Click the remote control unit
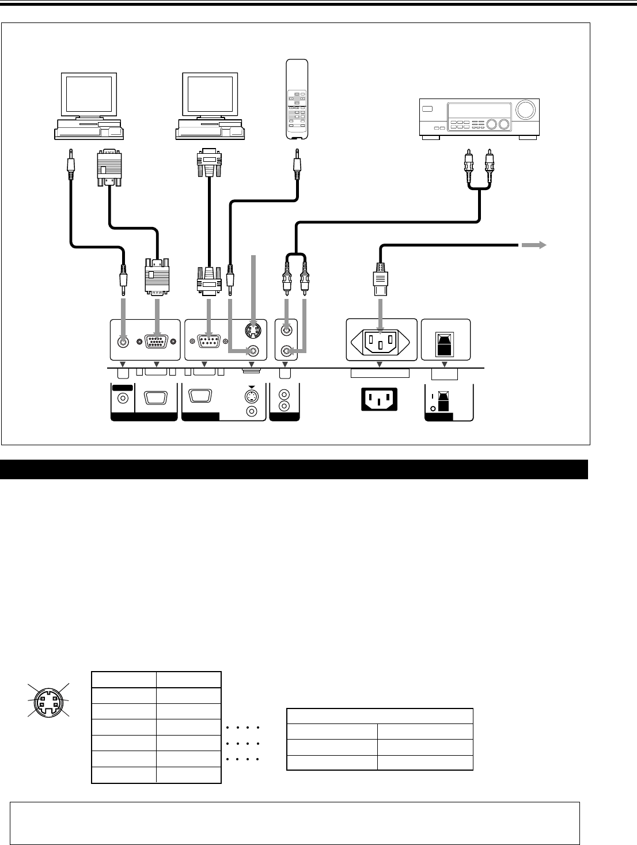coord(297,99)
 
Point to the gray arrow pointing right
coord(533,245)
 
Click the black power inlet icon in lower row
coord(379,399)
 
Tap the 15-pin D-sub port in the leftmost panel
coord(156,341)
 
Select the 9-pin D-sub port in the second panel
coord(208,341)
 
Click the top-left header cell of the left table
coord(124,680)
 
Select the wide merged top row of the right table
coord(380,716)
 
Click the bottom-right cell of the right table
coord(425,762)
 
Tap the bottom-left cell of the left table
coord(124,775)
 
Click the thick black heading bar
coord(294,469)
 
